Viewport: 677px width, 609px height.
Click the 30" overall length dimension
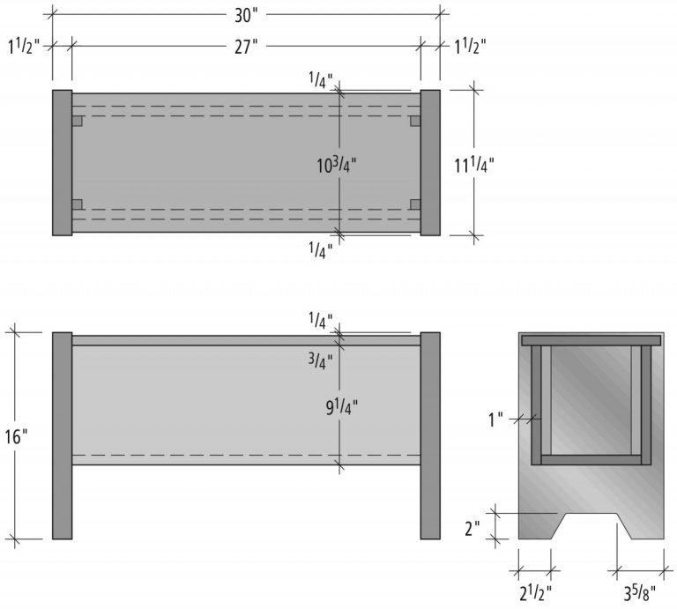click(x=246, y=15)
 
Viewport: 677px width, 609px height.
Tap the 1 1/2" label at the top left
click(x=23, y=46)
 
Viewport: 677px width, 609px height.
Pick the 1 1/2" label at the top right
click(x=469, y=46)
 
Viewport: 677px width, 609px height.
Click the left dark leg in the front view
click(x=62, y=435)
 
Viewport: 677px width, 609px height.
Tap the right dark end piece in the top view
click(x=430, y=163)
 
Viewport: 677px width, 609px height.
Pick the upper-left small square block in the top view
click(x=78, y=120)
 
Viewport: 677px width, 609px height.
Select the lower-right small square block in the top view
click(x=415, y=205)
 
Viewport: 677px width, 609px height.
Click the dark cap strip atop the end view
click(x=591, y=339)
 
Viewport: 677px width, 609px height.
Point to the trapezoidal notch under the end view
click(x=591, y=526)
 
